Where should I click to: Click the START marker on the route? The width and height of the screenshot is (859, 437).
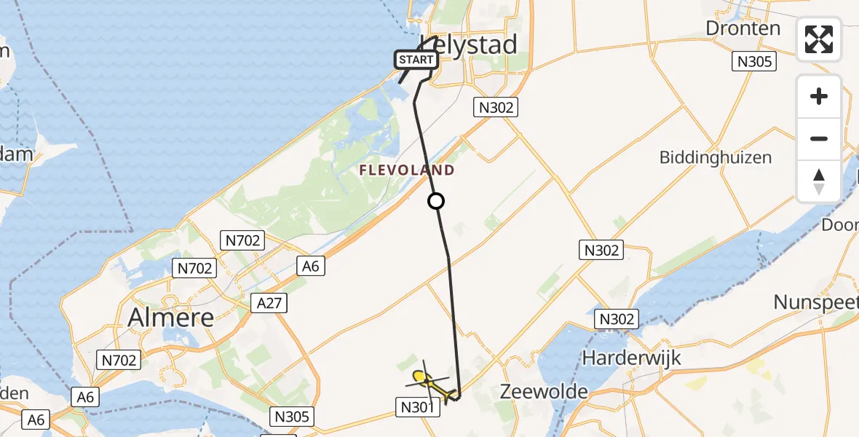[x=416, y=59]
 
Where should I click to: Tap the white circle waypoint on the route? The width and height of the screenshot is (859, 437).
[x=435, y=201]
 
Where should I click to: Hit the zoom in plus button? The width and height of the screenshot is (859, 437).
[x=819, y=96]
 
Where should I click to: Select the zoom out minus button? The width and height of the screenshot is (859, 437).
[x=819, y=138]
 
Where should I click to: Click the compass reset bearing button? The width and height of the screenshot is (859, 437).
[x=819, y=181]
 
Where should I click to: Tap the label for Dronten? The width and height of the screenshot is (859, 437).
[x=743, y=28]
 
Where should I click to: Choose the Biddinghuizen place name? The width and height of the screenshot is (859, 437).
[x=715, y=157]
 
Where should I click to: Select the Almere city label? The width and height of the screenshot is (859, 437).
[x=171, y=316]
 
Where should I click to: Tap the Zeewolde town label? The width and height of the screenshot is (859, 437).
[x=544, y=391]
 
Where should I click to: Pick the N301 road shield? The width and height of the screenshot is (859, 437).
[x=419, y=407]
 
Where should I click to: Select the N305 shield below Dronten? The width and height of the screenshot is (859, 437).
[x=753, y=62]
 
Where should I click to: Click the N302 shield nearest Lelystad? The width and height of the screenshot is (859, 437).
[x=495, y=108]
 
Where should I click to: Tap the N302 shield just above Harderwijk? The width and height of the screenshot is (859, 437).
[x=617, y=318]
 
